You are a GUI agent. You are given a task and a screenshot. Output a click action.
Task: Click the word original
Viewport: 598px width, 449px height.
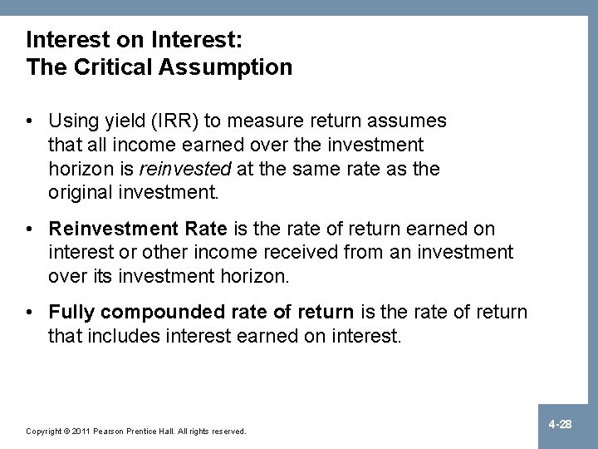pyautogui.click(x=81, y=192)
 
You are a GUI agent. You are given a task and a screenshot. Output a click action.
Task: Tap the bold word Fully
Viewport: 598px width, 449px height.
pyautogui.click(x=70, y=312)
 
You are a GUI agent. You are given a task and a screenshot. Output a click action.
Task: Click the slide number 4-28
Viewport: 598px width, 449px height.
pyautogui.click(x=561, y=424)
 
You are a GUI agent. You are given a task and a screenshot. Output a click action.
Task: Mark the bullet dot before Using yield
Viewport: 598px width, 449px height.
pyautogui.click(x=31, y=122)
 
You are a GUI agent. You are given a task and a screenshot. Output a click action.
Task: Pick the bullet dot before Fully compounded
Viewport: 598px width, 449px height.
pyautogui.click(x=31, y=312)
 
